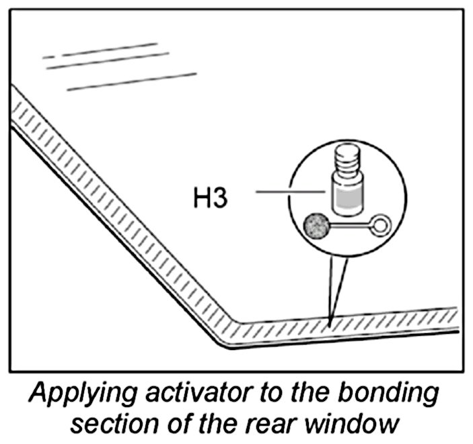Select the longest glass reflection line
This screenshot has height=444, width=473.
click(132, 81)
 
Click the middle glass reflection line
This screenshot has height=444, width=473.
click(108, 58)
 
